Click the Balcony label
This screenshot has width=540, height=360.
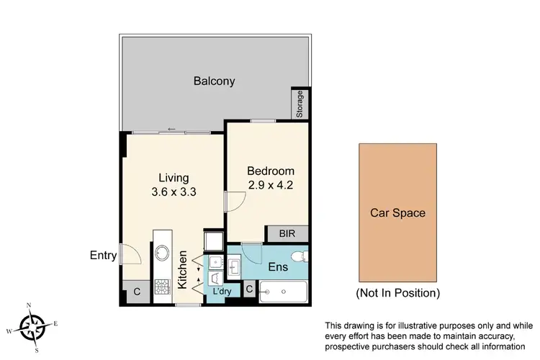pyautogui.click(x=214, y=81)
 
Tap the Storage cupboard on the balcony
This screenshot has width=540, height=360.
pyautogui.click(x=300, y=105)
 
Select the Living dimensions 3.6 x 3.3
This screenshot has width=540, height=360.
pyautogui.click(x=174, y=192)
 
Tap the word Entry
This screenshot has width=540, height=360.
pyautogui.click(x=104, y=255)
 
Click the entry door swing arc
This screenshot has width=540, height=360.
pyautogui.click(x=130, y=254)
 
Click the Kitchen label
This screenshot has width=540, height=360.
pyautogui.click(x=183, y=270)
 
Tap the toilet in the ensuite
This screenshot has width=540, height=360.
pyautogui.click(x=298, y=257)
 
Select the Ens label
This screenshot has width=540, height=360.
pyautogui.click(x=278, y=267)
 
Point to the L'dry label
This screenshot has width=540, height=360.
pyautogui.click(x=221, y=292)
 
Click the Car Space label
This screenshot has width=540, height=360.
pyautogui.click(x=397, y=212)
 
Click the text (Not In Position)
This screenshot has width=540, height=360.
pyautogui.click(x=397, y=293)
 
